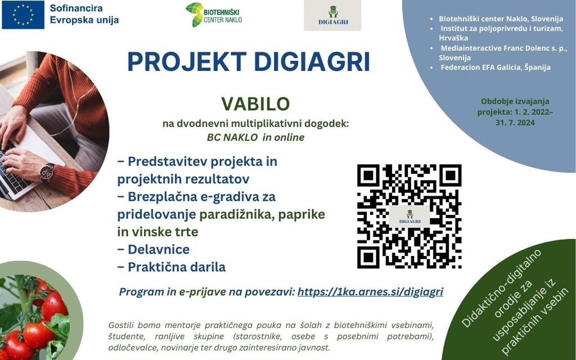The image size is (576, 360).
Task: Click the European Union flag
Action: pyautogui.click(x=23, y=15)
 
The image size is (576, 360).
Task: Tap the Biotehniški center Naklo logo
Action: pyautogui.click(x=214, y=15)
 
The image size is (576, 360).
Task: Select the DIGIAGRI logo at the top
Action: pyautogui.click(x=332, y=15)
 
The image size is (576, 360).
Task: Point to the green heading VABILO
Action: pyautogui.click(x=256, y=104)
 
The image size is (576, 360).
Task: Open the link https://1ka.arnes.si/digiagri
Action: pyautogui.click(x=370, y=292)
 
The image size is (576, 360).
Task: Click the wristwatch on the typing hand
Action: pyautogui.click(x=47, y=172)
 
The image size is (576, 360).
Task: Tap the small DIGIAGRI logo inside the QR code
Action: pyautogui.click(x=409, y=217)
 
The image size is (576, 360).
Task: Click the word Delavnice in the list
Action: pyautogui.click(x=159, y=249)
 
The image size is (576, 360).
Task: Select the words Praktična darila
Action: pyautogui.click(x=177, y=267)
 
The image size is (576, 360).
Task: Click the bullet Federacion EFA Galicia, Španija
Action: pyautogui.click(x=496, y=67)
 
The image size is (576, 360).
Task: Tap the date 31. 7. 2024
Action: pyautogui.click(x=515, y=122)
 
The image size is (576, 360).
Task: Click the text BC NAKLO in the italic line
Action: pyautogui.click(x=232, y=137)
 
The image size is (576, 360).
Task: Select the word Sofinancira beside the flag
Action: pyautogui.click(x=76, y=8)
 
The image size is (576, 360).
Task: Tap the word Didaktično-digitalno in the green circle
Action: pyautogui.click(x=501, y=289)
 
